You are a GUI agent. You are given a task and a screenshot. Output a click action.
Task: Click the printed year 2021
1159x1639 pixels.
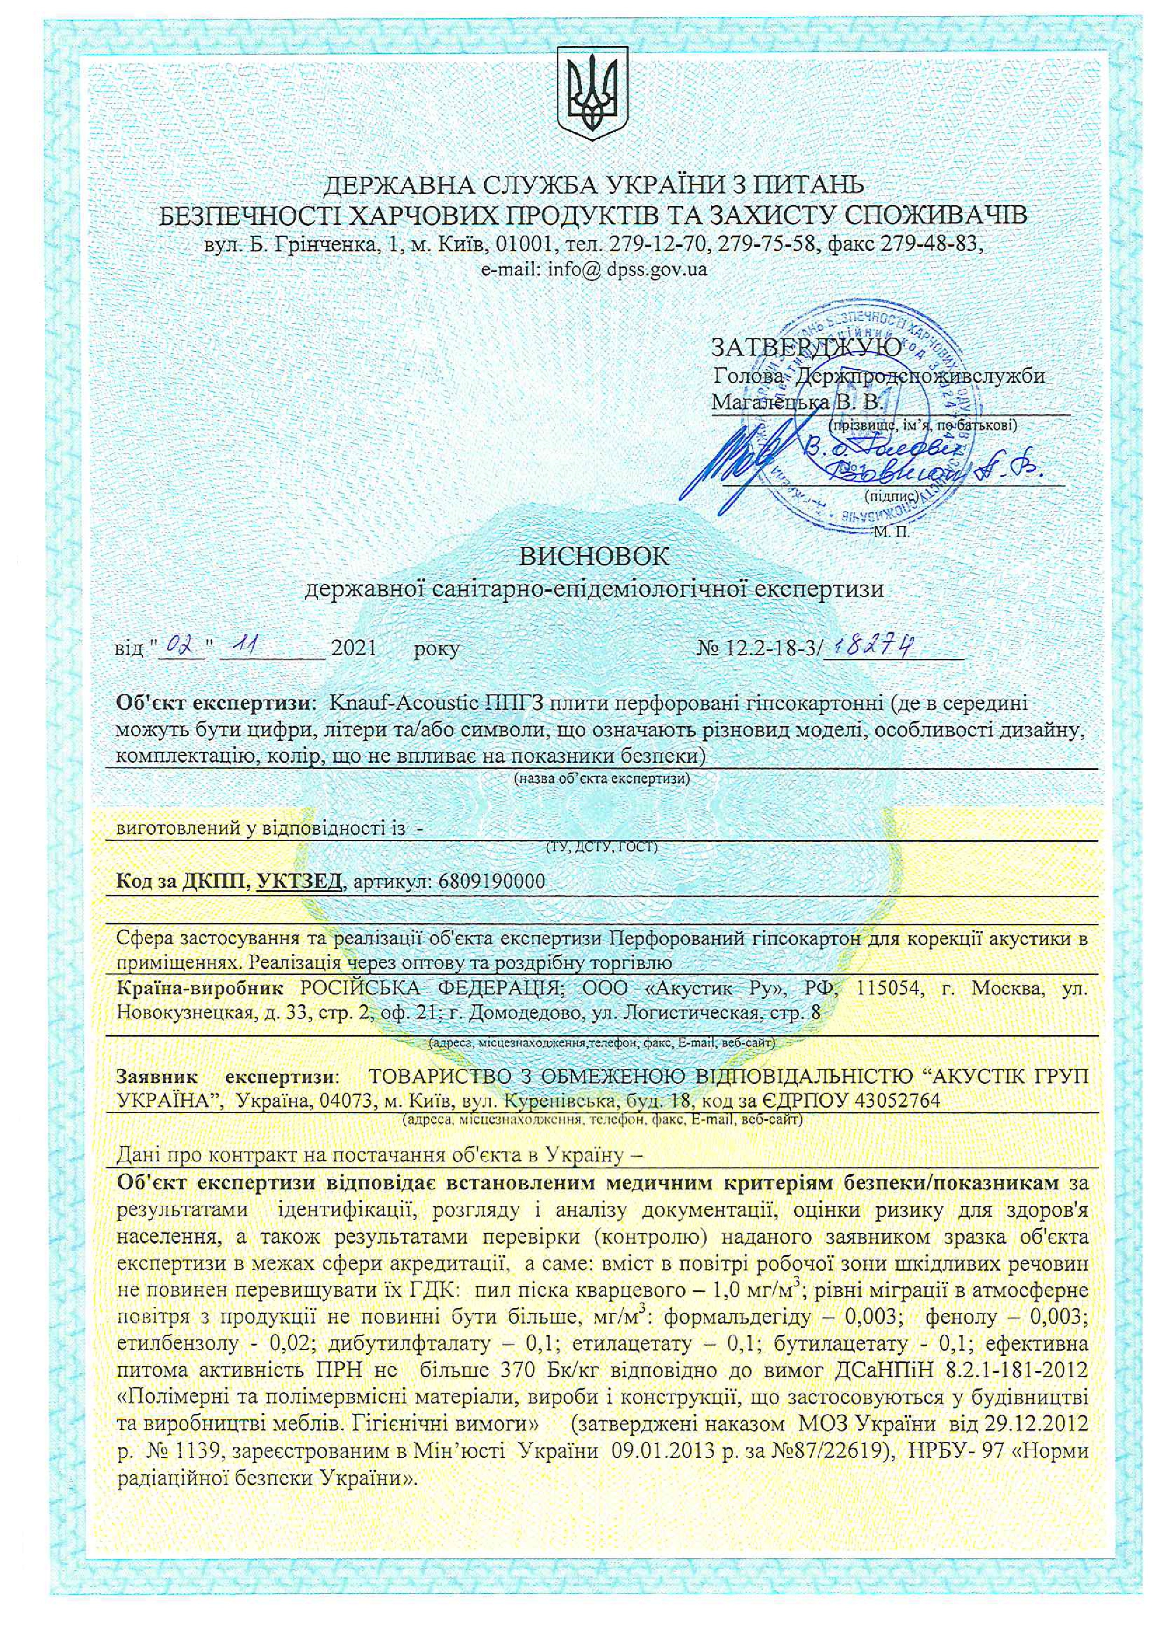pyautogui.click(x=354, y=648)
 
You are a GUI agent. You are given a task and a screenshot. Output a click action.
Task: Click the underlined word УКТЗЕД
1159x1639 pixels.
pyautogui.click(x=300, y=881)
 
